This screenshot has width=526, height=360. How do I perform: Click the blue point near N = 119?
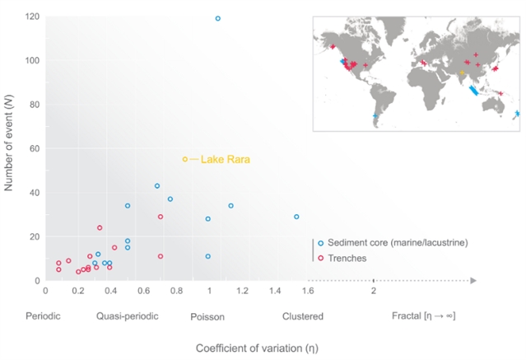pyautogui.click(x=217, y=18)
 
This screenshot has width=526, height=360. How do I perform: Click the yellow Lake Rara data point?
pyautogui.click(x=184, y=159)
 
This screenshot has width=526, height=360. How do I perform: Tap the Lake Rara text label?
pyautogui.click(x=225, y=160)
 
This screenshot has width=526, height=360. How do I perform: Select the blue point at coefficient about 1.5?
pyautogui.click(x=296, y=217)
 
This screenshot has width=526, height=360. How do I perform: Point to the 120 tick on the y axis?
pyautogui.click(x=33, y=16)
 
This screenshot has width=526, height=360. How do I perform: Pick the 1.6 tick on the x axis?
pyautogui.click(x=307, y=291)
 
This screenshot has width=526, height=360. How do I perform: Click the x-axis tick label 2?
pyautogui.click(x=374, y=291)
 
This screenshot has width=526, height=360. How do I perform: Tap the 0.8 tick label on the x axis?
pyautogui.click(x=176, y=291)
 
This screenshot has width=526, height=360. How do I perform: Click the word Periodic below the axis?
pyautogui.click(x=43, y=316)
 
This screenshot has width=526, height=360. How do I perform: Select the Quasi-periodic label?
pyautogui.click(x=127, y=316)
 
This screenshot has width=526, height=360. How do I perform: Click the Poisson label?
pyautogui.click(x=207, y=316)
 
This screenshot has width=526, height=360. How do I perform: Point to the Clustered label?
pyautogui.click(x=302, y=316)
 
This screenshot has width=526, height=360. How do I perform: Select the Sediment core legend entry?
pyautogui.click(x=393, y=243)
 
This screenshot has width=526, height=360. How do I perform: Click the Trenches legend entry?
pyautogui.click(x=347, y=258)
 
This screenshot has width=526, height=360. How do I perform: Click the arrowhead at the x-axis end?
pyautogui.click(x=473, y=280)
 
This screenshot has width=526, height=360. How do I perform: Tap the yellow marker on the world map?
pyautogui.click(x=462, y=72)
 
